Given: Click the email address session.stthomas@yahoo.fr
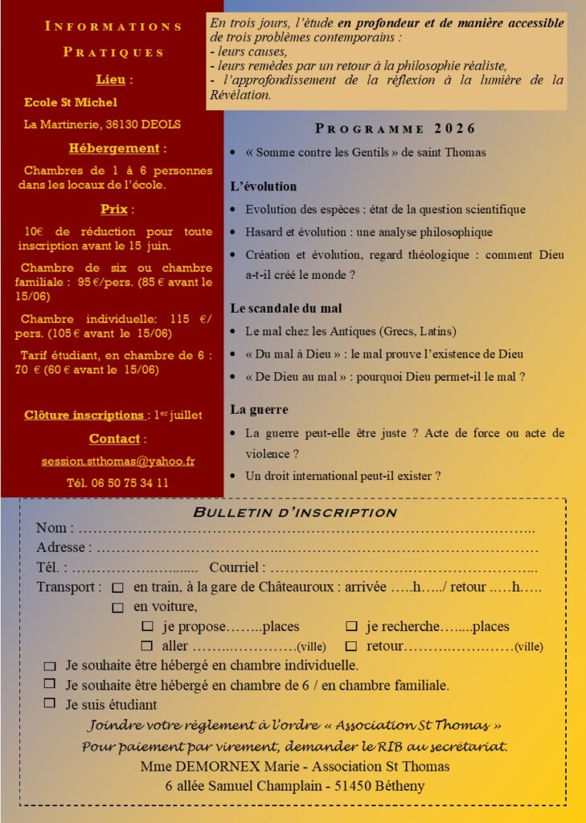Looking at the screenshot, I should tap(117, 461).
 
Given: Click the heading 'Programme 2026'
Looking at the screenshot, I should tap(395, 129).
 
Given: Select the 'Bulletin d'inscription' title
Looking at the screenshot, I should tap(295, 513).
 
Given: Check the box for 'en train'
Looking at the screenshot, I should tap(118, 588).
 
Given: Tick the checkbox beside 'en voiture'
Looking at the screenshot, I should tap(118, 607).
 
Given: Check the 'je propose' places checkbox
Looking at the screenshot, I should tap(147, 626).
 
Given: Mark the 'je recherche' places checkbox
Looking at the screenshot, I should tap(351, 626).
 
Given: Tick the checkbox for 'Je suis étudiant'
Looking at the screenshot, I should tap(50, 703).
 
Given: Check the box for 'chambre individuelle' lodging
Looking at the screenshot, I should tap(50, 665).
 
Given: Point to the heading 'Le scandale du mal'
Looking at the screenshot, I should tap(285, 308).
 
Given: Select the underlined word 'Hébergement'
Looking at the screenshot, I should tap(113, 148).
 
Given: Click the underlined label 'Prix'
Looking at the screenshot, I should tap(114, 209).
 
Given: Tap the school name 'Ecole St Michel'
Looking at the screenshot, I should tap(71, 102).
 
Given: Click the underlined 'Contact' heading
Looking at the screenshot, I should tap(114, 439).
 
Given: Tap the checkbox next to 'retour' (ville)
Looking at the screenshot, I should tap(351, 645).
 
